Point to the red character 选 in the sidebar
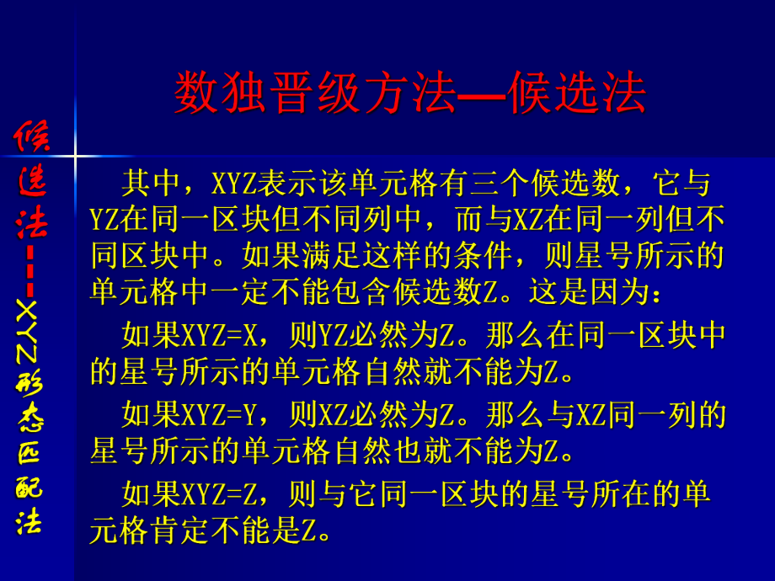coord(34,179)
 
